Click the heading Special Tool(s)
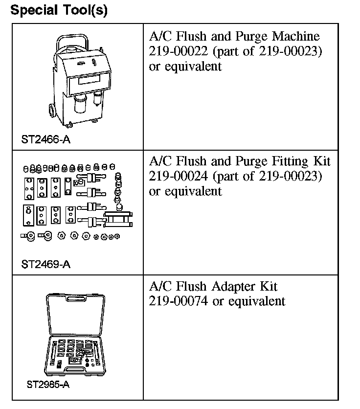tap(59, 10)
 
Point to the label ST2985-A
tap(48, 385)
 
